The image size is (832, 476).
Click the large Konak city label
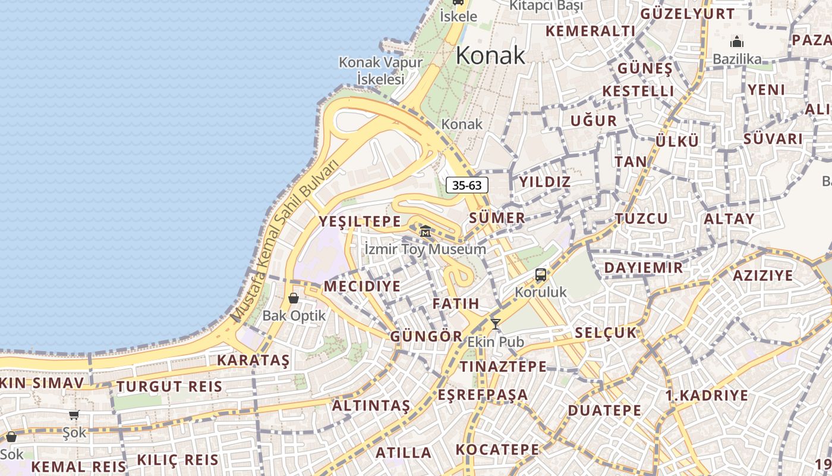[x=490, y=55]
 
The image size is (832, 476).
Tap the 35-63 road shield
[x=467, y=185]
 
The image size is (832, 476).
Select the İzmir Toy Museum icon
[x=426, y=231]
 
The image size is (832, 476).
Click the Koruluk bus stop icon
[x=540, y=275]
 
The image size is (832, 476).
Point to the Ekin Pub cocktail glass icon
[x=495, y=324]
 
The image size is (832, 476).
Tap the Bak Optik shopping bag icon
[x=294, y=298]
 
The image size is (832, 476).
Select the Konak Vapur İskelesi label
[x=380, y=70]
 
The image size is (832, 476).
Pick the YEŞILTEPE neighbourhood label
[x=360, y=221]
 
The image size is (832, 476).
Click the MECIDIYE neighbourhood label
[x=362, y=286]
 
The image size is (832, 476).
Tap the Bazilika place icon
[x=737, y=42]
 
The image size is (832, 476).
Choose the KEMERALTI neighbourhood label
[x=590, y=31]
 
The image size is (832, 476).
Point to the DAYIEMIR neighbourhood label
[x=644, y=268]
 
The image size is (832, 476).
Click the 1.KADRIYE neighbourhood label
[x=707, y=395]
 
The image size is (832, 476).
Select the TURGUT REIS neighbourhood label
[x=169, y=387]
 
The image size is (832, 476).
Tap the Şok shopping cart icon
[x=74, y=415]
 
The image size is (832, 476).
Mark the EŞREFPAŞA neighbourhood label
[x=483, y=394]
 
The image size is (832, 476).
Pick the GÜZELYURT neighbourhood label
[x=687, y=14]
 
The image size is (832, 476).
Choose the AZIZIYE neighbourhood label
[x=762, y=275]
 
